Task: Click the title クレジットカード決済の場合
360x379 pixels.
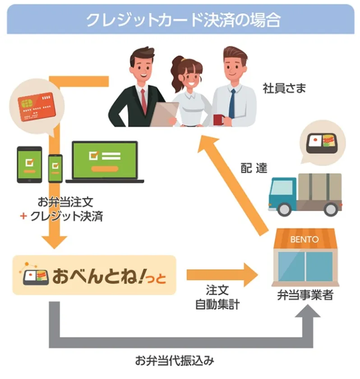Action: point(183,20)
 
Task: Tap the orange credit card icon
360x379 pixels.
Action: point(37,106)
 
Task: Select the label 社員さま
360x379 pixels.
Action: point(284,88)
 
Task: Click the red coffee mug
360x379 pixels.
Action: point(219,120)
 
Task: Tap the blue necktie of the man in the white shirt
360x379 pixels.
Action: point(232,103)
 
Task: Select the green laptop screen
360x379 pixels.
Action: point(105,160)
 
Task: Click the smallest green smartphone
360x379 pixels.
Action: point(55,168)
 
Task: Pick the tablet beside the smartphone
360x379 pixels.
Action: point(29,164)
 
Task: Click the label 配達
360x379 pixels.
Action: point(254,168)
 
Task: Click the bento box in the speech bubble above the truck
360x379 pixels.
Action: point(322,144)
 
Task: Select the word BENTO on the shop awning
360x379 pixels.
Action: point(305,240)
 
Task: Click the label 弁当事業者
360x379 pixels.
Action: point(305,295)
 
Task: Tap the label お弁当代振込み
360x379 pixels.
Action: point(175,361)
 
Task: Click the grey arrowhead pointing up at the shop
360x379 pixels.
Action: point(308,311)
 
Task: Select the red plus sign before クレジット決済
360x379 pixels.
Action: point(23,216)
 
